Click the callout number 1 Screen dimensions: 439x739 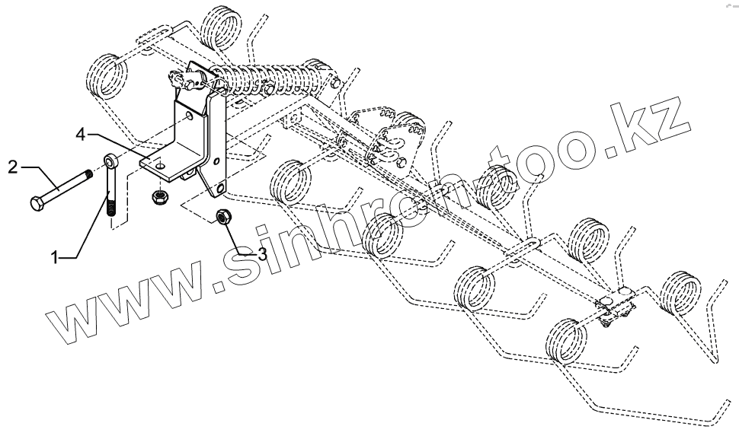55,258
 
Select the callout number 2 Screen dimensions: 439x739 13,165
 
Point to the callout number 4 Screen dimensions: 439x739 80,135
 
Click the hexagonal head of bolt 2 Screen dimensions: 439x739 37,203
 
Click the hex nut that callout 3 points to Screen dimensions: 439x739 224,216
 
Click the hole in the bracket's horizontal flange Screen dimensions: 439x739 161,162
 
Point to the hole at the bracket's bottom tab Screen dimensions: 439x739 221,186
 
